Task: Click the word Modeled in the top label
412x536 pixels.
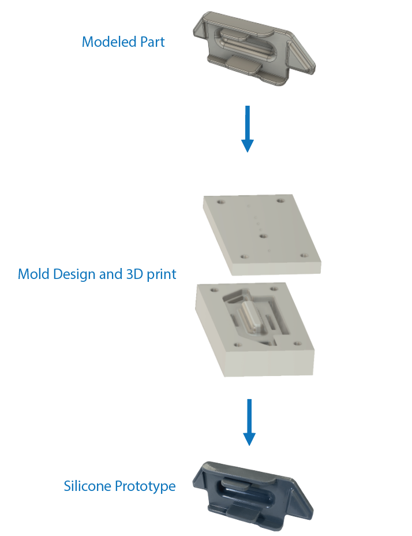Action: pyautogui.click(x=106, y=42)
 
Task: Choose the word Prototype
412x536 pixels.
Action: pyautogui.click(x=145, y=487)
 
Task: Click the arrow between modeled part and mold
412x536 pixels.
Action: pyautogui.click(x=247, y=128)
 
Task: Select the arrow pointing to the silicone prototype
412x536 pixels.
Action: pyautogui.click(x=249, y=422)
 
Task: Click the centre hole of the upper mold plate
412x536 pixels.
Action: pyautogui.click(x=262, y=236)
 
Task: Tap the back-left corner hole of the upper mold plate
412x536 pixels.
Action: pyautogui.click(x=220, y=203)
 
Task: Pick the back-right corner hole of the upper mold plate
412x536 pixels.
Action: pyautogui.click(x=280, y=201)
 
